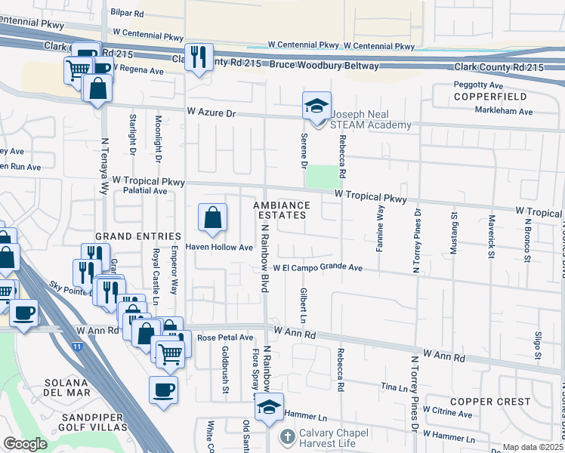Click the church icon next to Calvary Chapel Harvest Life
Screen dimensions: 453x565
coord(287,437)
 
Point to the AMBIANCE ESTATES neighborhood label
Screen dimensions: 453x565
coord(282,210)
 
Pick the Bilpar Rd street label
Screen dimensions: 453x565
coord(126,14)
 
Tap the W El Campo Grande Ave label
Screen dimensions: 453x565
coord(318,267)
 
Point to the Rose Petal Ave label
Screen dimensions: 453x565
coord(225,337)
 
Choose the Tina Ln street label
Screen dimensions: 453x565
coord(394,387)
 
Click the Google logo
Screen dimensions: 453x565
coord(25,444)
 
